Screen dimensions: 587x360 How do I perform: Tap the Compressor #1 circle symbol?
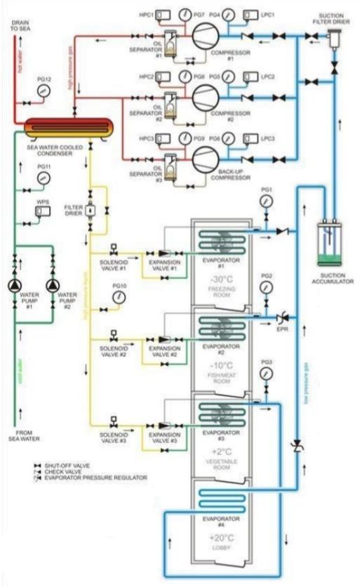(205, 32)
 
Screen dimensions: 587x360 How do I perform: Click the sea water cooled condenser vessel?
(68, 128)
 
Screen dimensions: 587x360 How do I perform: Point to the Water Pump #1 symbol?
(15, 286)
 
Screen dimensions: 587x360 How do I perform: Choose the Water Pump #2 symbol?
(51, 286)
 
